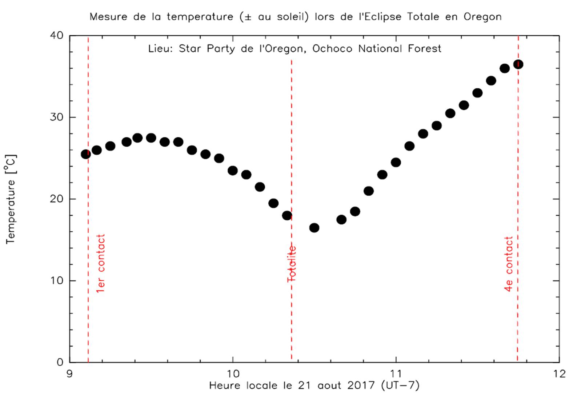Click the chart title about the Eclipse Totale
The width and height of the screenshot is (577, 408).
tap(295, 17)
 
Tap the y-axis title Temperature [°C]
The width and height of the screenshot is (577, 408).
tap(11, 199)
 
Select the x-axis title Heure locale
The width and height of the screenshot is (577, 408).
tap(314, 385)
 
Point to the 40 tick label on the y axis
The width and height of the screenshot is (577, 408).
tap(56, 36)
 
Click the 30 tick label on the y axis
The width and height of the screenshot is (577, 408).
tap(56, 117)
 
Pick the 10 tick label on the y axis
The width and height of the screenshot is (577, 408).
tap(56, 281)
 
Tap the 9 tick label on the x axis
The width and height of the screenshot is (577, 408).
tap(69, 374)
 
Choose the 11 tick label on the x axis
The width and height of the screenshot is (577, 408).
tap(396, 374)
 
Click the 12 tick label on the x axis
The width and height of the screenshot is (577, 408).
tap(559, 374)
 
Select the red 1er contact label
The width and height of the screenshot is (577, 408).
tap(100, 263)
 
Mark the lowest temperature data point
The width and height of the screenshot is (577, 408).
tap(314, 228)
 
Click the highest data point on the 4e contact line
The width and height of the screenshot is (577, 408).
tap(518, 64)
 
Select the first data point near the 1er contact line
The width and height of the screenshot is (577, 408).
tap(86, 154)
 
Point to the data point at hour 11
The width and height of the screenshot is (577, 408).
tap(396, 162)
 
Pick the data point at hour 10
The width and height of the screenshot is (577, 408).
tap(233, 171)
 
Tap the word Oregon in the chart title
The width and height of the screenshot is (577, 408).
tap(482, 17)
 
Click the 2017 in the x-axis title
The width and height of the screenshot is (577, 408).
tap(361, 385)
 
